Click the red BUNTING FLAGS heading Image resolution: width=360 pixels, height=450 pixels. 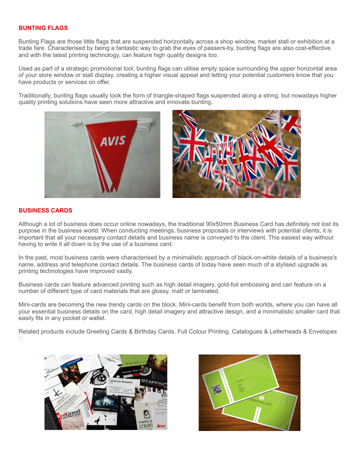(43, 28)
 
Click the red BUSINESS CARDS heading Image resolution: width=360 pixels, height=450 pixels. (45, 210)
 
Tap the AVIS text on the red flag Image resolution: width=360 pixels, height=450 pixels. (112, 141)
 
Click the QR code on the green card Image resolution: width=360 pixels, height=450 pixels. (217, 389)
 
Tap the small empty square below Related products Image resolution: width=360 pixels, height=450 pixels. (21, 338)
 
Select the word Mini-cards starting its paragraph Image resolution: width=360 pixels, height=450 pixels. (33, 304)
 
